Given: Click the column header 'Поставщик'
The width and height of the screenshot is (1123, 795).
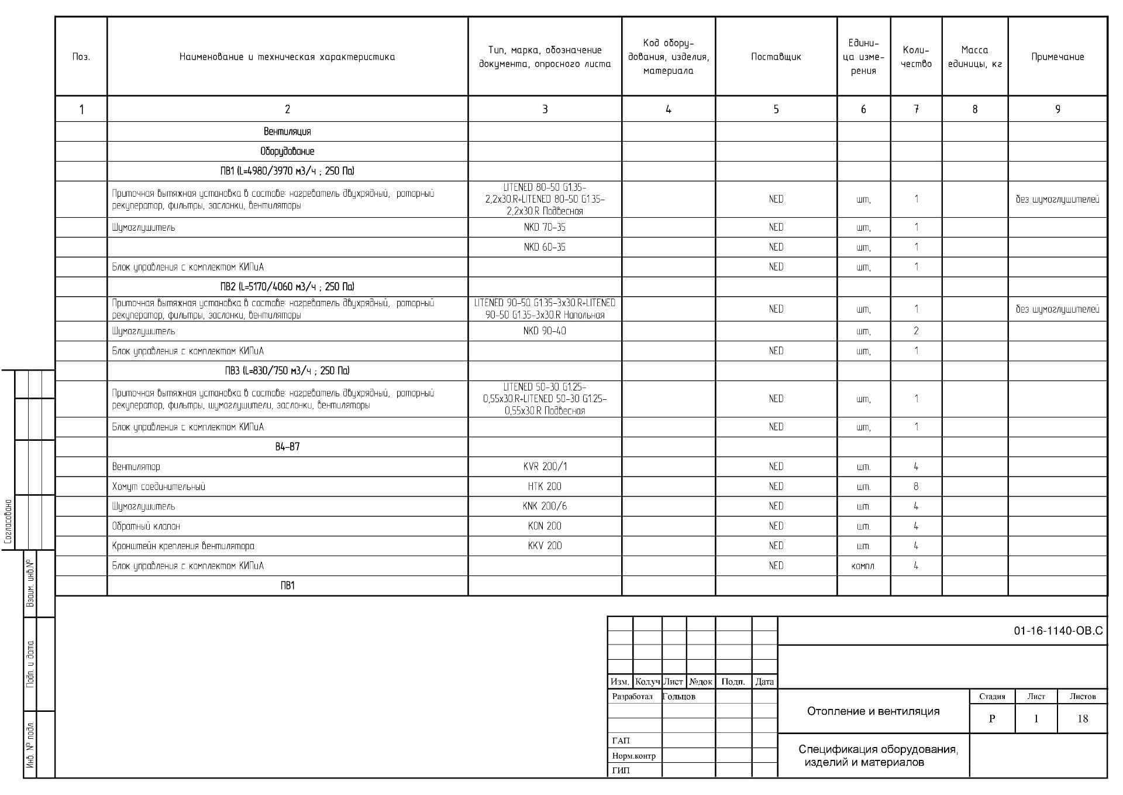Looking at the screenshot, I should click(x=776, y=57).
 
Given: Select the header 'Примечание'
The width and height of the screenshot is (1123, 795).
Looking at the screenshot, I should click(x=1057, y=57).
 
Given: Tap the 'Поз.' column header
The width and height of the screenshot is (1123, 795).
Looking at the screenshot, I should click(x=81, y=57).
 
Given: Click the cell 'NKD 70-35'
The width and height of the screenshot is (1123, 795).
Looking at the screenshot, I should click(x=544, y=227).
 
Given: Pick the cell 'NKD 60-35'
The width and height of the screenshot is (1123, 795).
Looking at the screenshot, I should click(x=544, y=247).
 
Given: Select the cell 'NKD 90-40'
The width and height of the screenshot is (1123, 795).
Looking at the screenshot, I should click(x=544, y=331).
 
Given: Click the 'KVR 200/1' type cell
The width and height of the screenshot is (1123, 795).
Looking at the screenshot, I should click(x=544, y=467).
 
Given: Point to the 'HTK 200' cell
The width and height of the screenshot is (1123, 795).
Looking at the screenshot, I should click(x=544, y=486).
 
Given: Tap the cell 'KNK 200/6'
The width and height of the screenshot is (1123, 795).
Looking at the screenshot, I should click(x=544, y=506).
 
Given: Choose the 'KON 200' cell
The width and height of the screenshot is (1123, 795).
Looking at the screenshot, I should click(x=544, y=526).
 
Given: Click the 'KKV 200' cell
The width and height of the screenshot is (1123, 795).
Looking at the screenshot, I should click(x=544, y=546).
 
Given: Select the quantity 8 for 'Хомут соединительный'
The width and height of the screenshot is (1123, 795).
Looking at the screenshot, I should click(x=915, y=486).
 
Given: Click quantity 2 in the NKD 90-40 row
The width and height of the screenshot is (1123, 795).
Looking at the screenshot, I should click(x=915, y=331).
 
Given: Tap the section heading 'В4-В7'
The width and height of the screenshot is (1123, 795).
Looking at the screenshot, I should click(x=287, y=447).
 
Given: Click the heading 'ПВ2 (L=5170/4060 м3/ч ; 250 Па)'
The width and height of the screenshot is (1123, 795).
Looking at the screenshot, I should click(x=287, y=286).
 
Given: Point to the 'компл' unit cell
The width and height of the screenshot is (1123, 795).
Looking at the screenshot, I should click(x=863, y=566).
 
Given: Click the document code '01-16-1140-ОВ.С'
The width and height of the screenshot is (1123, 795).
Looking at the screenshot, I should click(x=1057, y=631).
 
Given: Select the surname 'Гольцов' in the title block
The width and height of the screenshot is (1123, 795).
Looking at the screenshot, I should click(x=679, y=697).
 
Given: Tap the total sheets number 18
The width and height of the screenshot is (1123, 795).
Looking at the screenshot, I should click(x=1082, y=719).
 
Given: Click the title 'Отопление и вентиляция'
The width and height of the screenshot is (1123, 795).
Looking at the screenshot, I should click(x=873, y=711).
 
